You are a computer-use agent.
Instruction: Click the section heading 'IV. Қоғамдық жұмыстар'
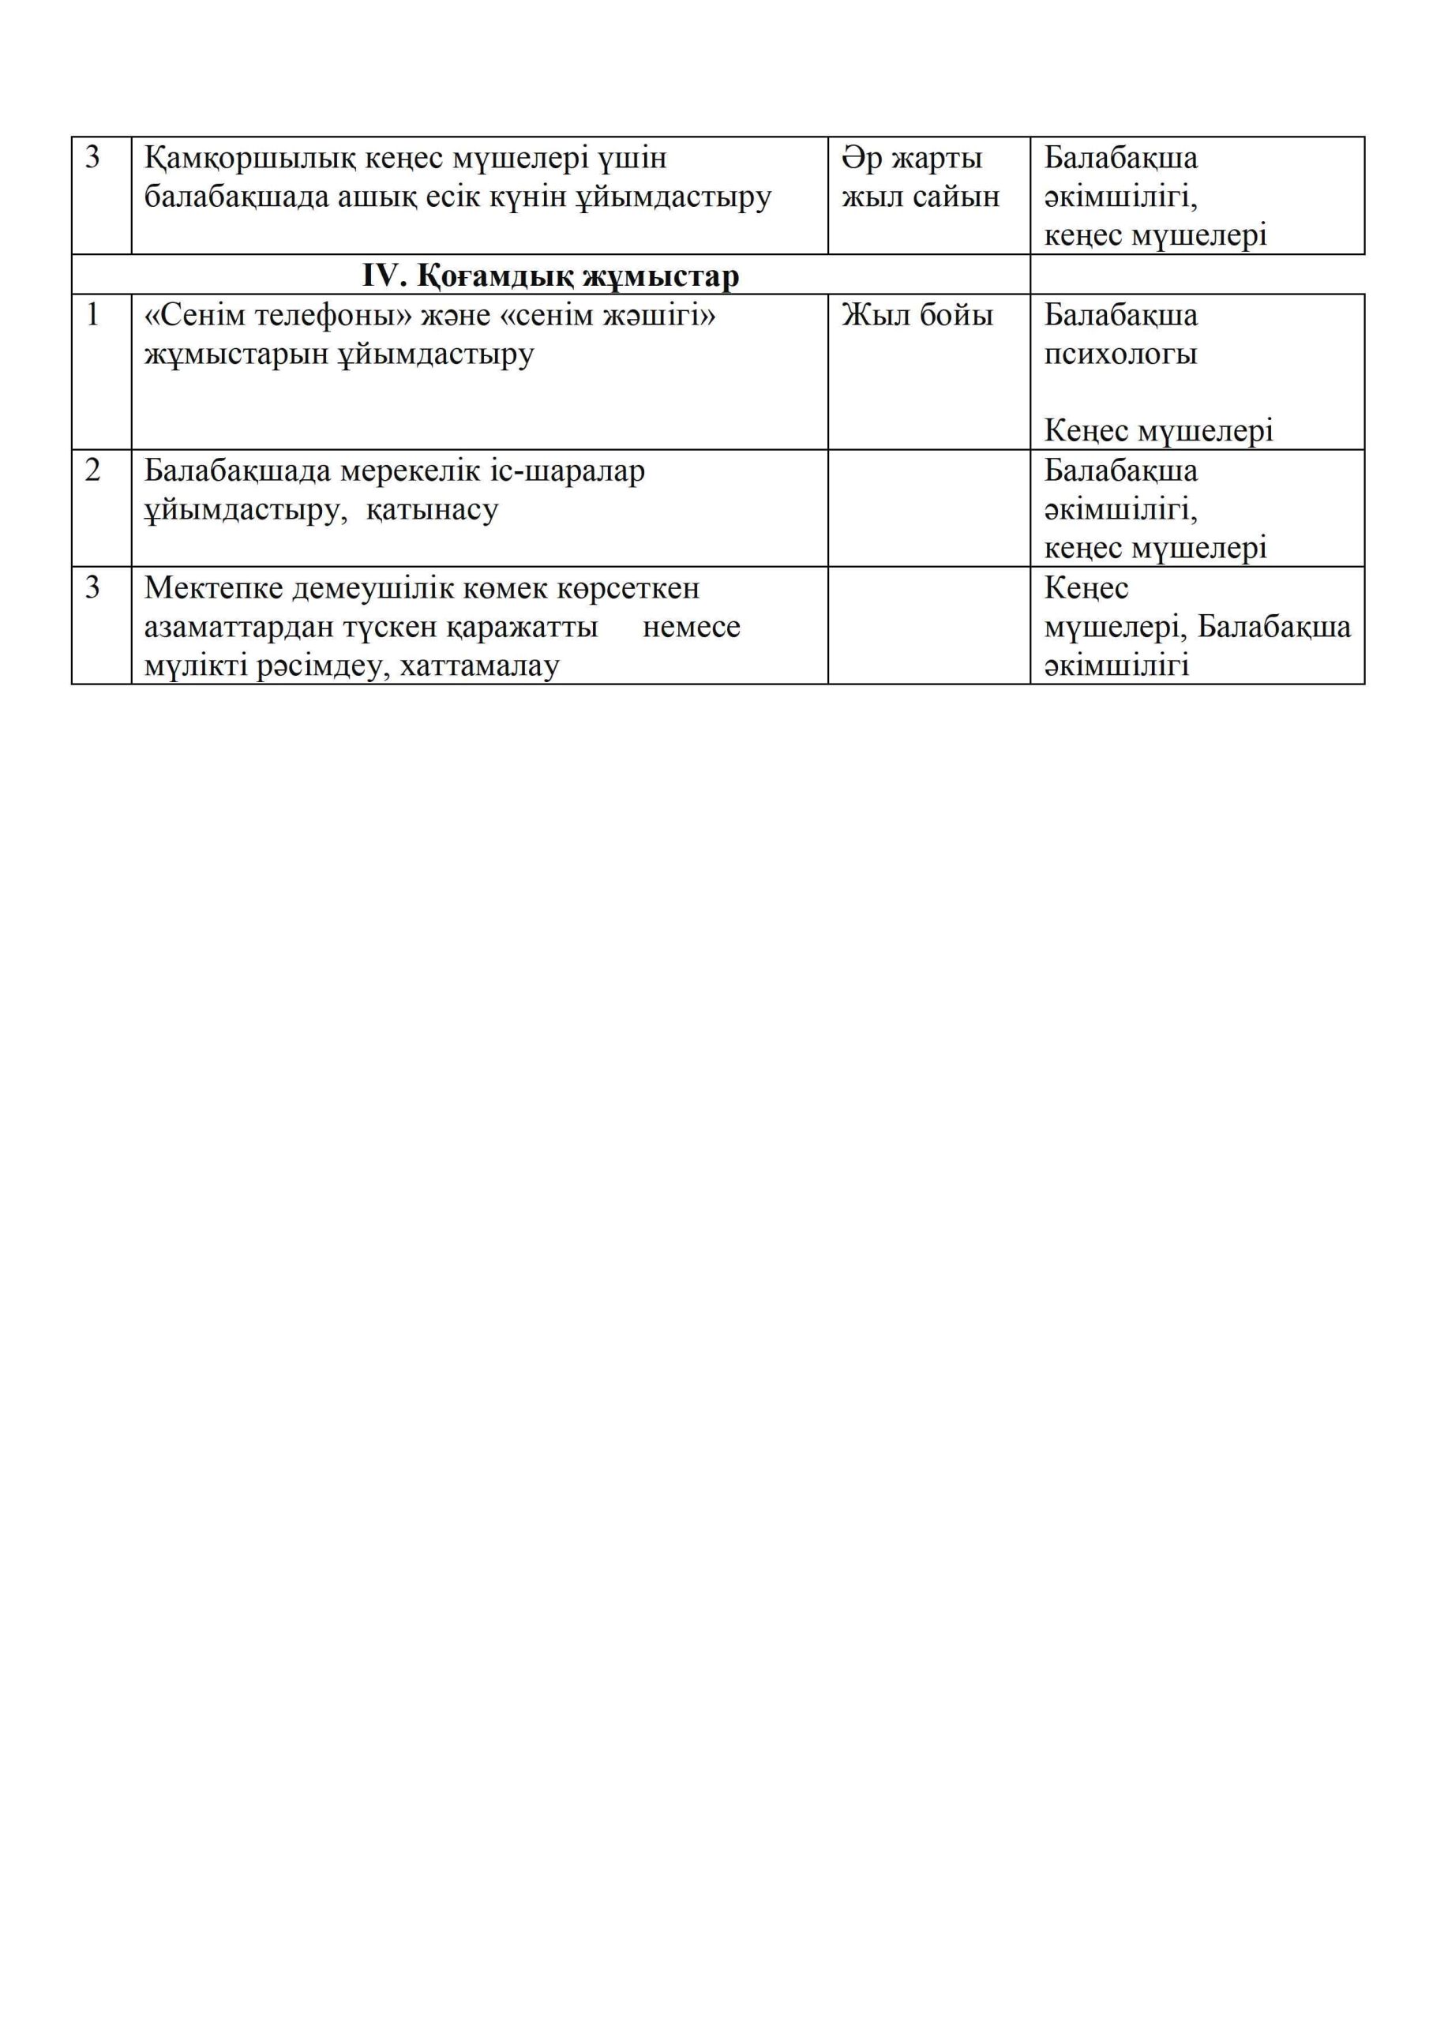[x=550, y=276]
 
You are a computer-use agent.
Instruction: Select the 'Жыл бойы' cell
[x=917, y=315]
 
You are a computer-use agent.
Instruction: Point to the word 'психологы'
[x=1120, y=354]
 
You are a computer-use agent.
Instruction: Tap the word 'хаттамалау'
[x=480, y=666]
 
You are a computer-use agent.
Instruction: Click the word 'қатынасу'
[x=433, y=510]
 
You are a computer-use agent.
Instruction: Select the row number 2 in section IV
[x=92, y=471]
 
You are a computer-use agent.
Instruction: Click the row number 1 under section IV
[x=92, y=315]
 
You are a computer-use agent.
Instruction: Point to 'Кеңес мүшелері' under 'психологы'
[x=1158, y=431]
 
